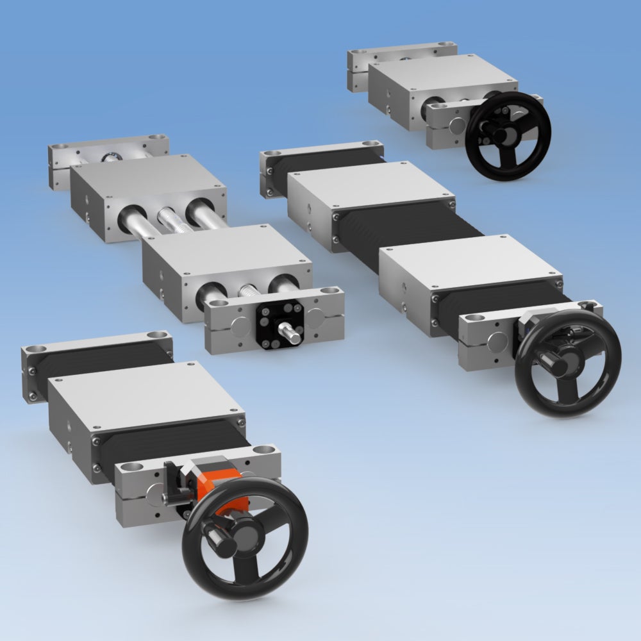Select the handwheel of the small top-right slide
(509, 135)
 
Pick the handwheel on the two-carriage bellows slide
(567, 363)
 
